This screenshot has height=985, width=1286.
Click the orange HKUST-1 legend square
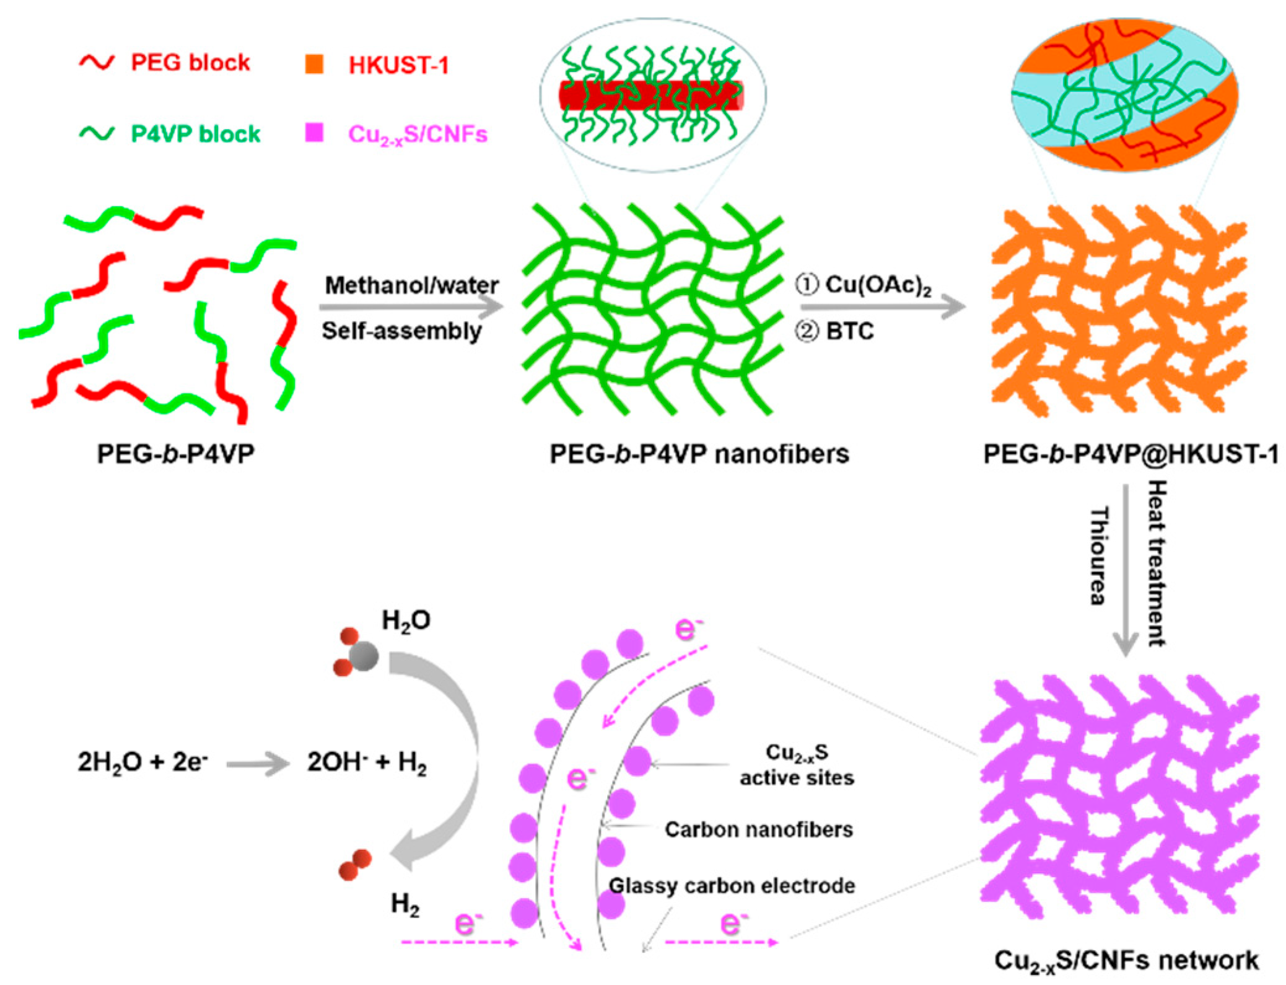[x=314, y=64]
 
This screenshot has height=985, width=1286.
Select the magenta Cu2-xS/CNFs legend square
[x=314, y=133]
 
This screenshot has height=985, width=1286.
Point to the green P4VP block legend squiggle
[x=97, y=133]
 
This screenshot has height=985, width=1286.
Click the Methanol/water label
[x=411, y=285]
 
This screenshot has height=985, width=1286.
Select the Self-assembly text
[x=401, y=331]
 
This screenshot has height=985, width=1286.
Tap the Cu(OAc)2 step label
[x=865, y=285]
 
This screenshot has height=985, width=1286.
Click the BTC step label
[x=836, y=331]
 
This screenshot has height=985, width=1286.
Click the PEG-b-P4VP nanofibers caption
[x=699, y=454]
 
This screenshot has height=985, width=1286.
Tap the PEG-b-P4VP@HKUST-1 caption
[x=1131, y=454]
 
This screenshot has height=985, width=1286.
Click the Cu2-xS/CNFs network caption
[x=1126, y=960]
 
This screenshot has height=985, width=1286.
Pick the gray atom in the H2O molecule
[x=364, y=655]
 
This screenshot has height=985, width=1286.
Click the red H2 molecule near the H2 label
[x=354, y=865]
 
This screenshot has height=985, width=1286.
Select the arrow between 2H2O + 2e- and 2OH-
[x=257, y=764]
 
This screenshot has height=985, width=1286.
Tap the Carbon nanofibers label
[x=758, y=829]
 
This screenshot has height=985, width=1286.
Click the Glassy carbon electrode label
[x=732, y=886]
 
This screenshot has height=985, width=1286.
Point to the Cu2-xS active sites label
[x=797, y=764]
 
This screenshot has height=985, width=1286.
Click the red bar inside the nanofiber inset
[x=650, y=96]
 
